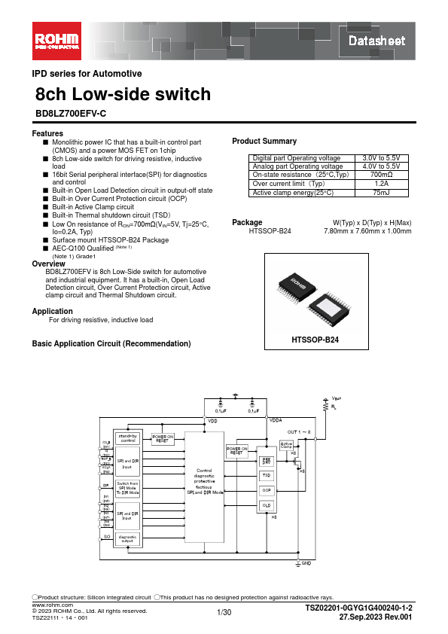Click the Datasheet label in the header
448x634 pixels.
376,41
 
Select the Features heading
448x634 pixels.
47,133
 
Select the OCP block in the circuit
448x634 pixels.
266,490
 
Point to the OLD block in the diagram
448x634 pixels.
266,504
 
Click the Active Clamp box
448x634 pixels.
285,445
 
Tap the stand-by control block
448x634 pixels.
127,438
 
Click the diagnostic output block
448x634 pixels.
127,538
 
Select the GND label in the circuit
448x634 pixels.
306,562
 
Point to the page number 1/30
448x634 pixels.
224,614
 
